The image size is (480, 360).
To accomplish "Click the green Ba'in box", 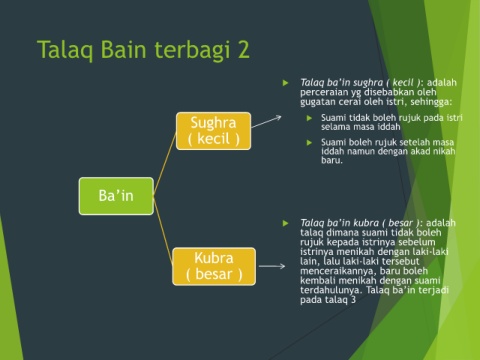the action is [x=116, y=196].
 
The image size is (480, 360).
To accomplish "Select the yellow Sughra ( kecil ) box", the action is [x=213, y=131].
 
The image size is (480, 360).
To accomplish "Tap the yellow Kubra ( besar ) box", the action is [x=214, y=266].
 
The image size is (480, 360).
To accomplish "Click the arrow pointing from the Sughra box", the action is [x=266, y=122].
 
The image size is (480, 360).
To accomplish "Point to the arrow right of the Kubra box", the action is [x=272, y=266].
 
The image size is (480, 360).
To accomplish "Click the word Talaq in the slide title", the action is [x=66, y=50].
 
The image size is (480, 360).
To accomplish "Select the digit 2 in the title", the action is [x=243, y=50].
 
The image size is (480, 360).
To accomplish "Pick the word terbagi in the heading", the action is [x=192, y=50].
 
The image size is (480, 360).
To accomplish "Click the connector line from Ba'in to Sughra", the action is [x=165, y=163].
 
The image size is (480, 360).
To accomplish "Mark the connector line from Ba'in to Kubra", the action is [x=163, y=230].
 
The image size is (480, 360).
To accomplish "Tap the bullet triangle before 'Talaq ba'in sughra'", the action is [x=285, y=83].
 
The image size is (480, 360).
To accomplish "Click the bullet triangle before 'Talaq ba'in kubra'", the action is [x=285, y=223].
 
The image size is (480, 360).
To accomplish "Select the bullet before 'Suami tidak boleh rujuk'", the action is [x=309, y=118].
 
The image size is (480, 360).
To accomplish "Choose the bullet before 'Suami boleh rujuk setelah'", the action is [x=309, y=143].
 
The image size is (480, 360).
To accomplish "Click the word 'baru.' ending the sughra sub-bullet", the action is [x=332, y=160].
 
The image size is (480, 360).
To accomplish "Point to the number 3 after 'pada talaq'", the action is [x=353, y=300].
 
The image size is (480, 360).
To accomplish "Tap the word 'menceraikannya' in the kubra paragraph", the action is [x=338, y=270].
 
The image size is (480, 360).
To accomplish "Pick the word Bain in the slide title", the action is [x=124, y=50].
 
